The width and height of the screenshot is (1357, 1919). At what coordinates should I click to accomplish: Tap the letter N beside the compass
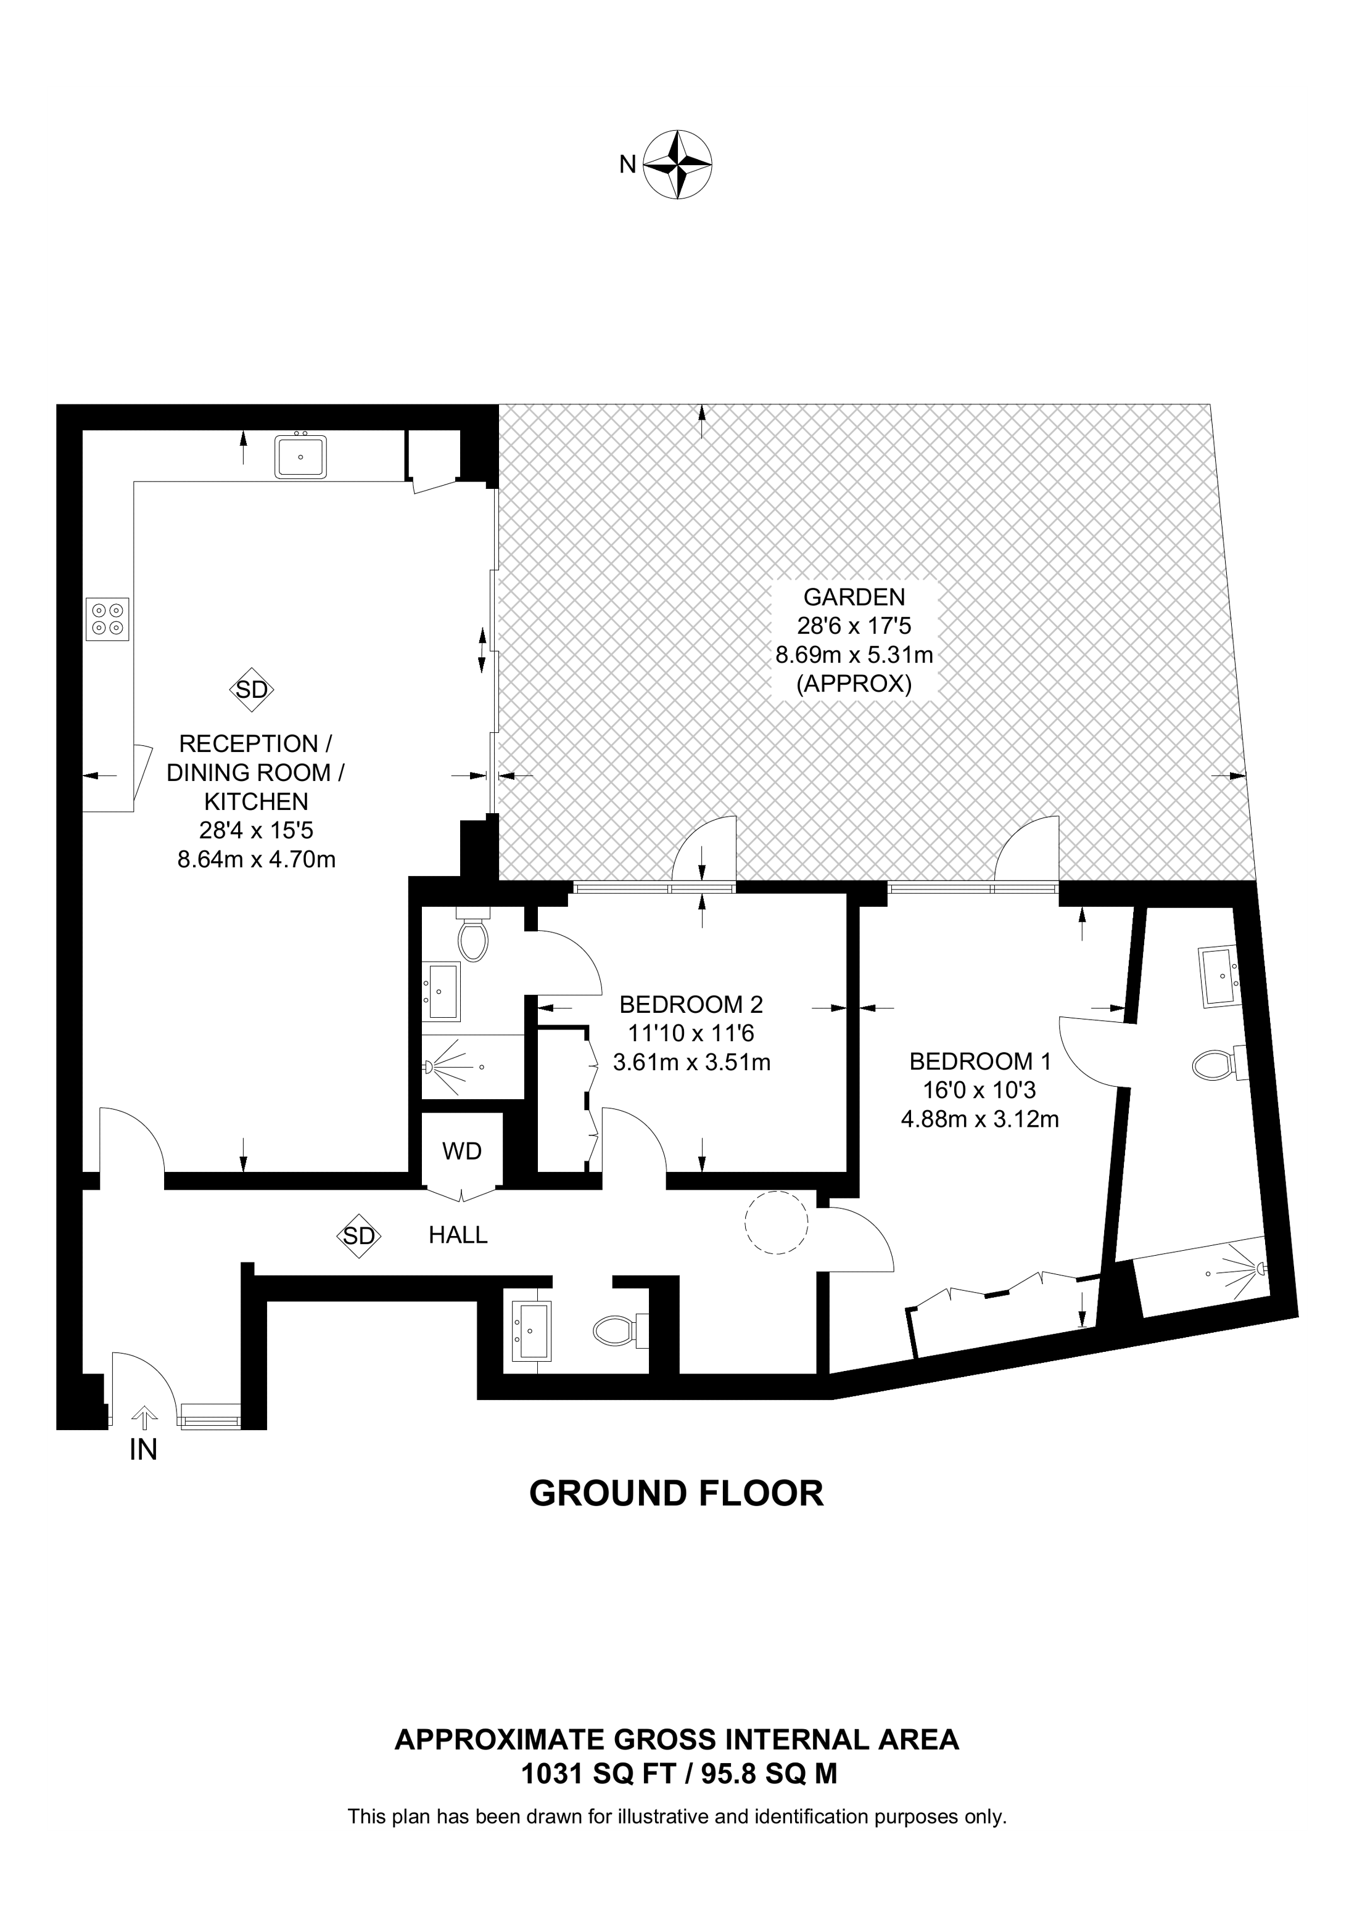click(627, 165)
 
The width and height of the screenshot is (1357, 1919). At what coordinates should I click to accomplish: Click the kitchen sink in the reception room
click(300, 456)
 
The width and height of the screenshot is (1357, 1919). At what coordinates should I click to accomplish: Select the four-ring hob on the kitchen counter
click(108, 620)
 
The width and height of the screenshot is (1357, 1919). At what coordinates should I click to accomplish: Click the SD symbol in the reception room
click(252, 690)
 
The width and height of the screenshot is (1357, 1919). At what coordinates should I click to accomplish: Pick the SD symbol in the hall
click(359, 1235)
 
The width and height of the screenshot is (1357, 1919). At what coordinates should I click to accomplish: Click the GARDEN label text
click(854, 597)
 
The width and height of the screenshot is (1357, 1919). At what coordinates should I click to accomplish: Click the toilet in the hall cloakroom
click(616, 1330)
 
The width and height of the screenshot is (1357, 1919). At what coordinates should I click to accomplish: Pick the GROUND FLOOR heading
click(677, 1494)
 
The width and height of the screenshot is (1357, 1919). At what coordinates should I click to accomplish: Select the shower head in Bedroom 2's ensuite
click(431, 1067)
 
